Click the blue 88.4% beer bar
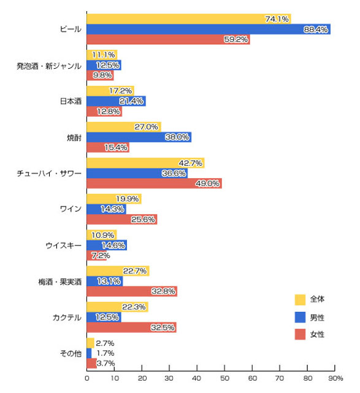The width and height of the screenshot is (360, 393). click(209, 29)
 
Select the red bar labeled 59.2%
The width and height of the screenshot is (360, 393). click(168, 39)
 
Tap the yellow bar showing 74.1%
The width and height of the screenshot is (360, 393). click(189, 19)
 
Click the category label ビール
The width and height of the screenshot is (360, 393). click(71, 29)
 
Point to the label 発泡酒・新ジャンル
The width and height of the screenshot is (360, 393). click(49, 66)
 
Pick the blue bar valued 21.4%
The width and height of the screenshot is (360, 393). click(116, 101)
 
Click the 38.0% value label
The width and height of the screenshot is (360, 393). click(177, 137)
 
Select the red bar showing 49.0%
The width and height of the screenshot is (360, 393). click(154, 184)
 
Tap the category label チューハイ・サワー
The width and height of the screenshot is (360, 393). click(49, 173)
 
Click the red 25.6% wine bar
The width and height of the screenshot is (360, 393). click(122, 219)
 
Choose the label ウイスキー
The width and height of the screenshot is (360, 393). click(64, 245)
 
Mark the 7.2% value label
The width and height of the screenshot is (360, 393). click(101, 255)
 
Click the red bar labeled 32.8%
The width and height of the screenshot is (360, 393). click(132, 291)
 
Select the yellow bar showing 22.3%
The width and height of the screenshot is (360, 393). click(117, 307)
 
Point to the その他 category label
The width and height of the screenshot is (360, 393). click(71, 354)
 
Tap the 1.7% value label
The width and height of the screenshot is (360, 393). click(105, 353)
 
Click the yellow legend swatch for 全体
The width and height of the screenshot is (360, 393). click(300, 300)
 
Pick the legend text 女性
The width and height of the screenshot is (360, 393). click(317, 334)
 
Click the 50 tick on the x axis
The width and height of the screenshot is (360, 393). click(224, 378)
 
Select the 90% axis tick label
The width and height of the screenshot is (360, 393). click(335, 378)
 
